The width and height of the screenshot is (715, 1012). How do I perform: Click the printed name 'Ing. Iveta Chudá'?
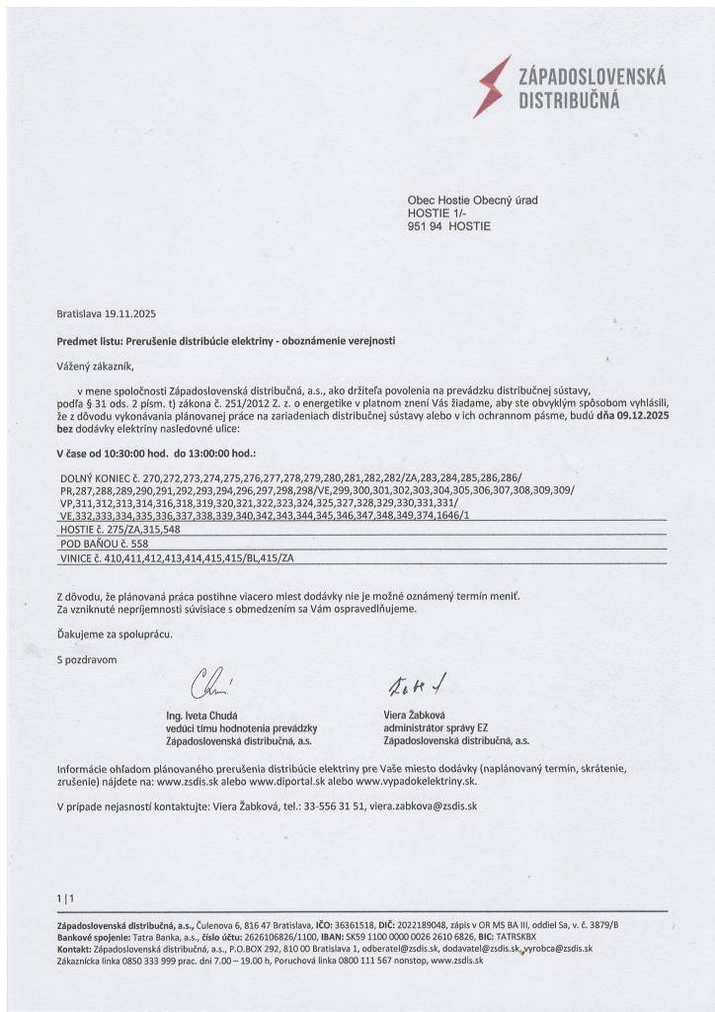point(204,715)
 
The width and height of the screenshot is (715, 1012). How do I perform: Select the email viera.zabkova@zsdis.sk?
point(424,806)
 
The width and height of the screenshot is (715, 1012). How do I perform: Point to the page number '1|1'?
point(66,897)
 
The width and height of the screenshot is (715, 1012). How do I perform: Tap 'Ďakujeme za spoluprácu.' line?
point(115,633)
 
